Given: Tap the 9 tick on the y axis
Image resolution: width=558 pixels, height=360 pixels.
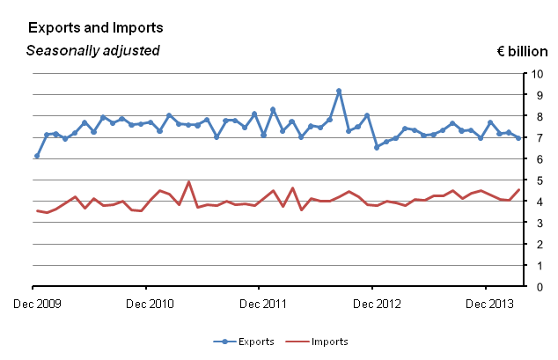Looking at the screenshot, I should (x=534, y=94).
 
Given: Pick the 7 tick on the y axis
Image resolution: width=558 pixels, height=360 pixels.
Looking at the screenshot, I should (x=534, y=137).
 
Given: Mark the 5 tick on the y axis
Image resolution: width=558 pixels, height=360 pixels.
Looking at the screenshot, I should (x=534, y=180).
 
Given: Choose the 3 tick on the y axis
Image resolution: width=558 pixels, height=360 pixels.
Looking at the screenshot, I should (x=534, y=223).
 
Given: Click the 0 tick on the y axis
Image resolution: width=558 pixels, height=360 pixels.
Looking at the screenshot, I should (x=534, y=287).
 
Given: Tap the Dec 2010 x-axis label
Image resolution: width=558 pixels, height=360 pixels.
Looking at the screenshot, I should (x=146, y=305).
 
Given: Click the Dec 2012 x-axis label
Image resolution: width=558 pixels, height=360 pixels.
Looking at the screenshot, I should (x=372, y=305).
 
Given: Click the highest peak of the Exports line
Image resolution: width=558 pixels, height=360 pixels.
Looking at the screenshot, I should (x=339, y=91).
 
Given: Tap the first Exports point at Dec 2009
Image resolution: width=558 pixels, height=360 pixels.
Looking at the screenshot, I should (x=36, y=156).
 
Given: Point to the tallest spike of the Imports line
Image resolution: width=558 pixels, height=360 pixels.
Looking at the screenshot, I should (x=188, y=182).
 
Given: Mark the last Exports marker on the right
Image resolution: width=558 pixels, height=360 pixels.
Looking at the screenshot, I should (x=518, y=137).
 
